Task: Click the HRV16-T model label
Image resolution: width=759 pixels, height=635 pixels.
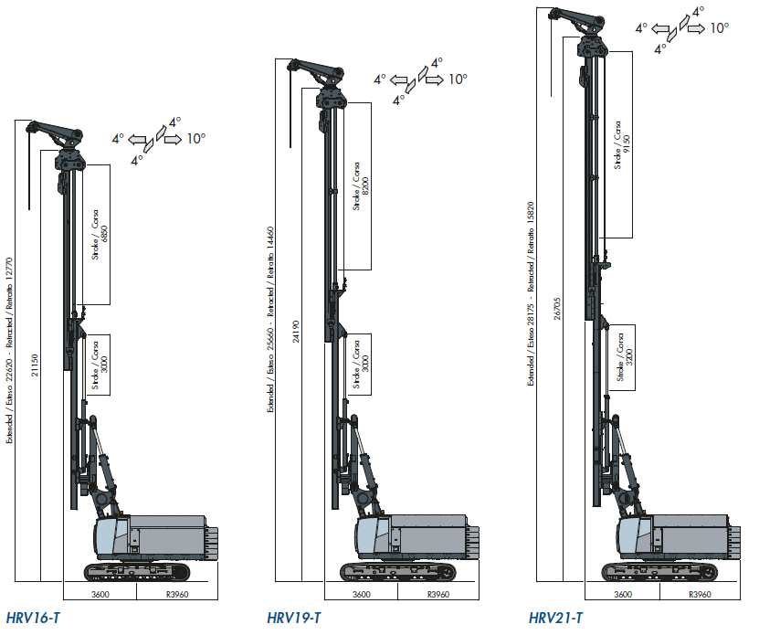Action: pos(34,619)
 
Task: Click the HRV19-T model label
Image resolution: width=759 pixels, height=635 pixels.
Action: pos(293,619)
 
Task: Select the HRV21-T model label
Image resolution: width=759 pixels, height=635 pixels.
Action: pos(555,619)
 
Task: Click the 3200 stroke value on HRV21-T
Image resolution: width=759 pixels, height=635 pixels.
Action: pos(627,357)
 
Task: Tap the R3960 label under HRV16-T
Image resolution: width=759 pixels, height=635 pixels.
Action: pos(177,595)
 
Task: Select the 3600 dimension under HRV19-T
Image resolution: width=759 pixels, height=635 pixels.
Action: pos(361,595)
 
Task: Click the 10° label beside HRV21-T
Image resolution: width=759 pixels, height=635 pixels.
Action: pos(720,28)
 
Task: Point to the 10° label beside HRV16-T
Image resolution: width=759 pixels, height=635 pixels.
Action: pos(196,139)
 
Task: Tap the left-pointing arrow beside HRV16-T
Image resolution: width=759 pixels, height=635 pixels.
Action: pos(140,139)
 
